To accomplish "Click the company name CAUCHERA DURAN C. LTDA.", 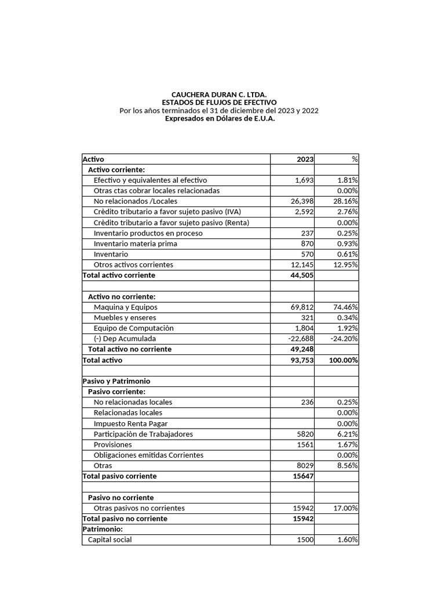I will point(219,94).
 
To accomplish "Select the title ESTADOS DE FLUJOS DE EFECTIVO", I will point(219,102).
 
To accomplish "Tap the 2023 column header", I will point(305,159).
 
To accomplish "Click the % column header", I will point(354,159).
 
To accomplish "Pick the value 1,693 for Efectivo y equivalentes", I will point(304,180).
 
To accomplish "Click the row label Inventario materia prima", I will point(135,244).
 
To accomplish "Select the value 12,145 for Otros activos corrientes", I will point(301,265).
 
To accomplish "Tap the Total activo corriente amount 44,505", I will point(301,275).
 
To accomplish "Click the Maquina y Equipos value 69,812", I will point(301,307).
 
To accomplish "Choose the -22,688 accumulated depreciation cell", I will point(300,339).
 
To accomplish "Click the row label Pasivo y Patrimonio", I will point(116,381).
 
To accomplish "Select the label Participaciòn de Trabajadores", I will point(143,434).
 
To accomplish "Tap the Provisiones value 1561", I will point(305,444).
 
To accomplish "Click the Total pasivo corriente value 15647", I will point(304,476).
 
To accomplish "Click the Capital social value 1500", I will point(305,539).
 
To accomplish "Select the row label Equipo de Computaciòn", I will point(133,328).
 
